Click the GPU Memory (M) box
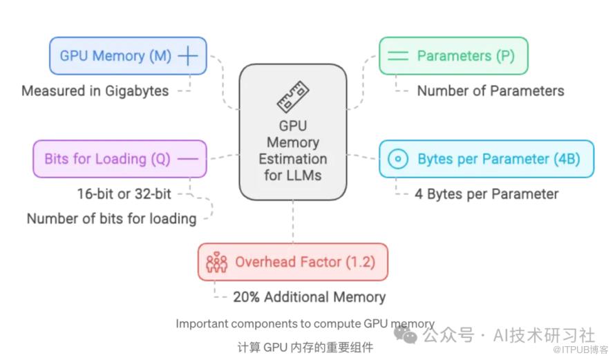click(x=128, y=56)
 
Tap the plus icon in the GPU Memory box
click(x=187, y=56)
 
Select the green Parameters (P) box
click(x=453, y=56)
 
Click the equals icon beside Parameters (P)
click(x=398, y=56)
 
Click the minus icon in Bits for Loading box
click(x=187, y=159)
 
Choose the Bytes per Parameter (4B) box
click(x=486, y=159)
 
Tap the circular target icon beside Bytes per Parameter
click(x=397, y=159)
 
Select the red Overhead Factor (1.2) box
click(x=292, y=262)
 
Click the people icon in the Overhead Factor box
click(x=217, y=263)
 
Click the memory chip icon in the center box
click(x=293, y=97)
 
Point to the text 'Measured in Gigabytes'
click(x=95, y=91)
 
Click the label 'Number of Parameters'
click(x=490, y=91)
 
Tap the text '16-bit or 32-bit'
click(x=124, y=194)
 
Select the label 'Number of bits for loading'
click(x=111, y=219)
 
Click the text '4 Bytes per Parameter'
click(x=486, y=194)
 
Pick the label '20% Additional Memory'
click(x=309, y=297)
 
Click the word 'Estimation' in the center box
click(x=293, y=160)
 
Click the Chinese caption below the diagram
click(x=305, y=347)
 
